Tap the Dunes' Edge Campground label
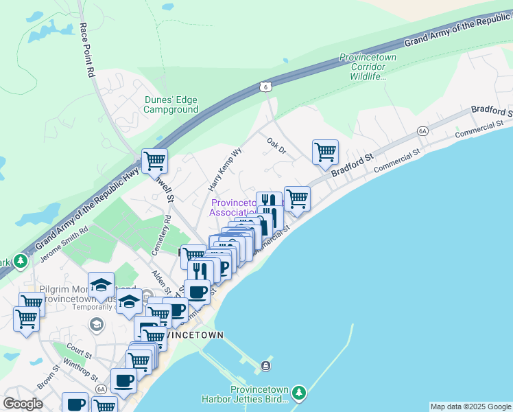tap(171, 104)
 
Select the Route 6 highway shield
tap(265, 86)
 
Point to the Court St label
tap(80, 354)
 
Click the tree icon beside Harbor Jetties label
tap(298, 393)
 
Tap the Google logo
tap(23, 404)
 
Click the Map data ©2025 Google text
tap(470, 407)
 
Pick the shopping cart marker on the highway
tap(154, 161)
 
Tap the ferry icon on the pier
tap(266, 365)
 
